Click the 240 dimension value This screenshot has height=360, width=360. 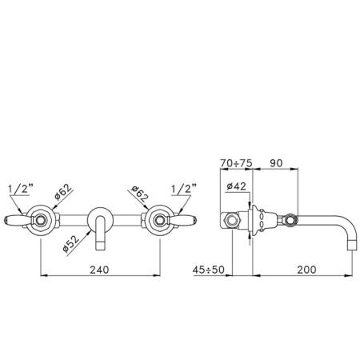(x=99, y=270)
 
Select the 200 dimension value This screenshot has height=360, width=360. (x=306, y=270)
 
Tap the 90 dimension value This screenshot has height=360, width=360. (x=276, y=163)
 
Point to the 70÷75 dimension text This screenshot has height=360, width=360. (x=236, y=163)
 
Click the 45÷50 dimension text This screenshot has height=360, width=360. (x=209, y=270)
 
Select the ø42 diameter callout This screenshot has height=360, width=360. (x=236, y=186)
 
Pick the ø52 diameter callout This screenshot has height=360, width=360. (x=71, y=244)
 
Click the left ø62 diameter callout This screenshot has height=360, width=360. (x=63, y=192)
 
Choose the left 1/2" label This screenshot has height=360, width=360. (x=21, y=189)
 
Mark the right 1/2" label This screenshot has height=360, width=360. (x=184, y=189)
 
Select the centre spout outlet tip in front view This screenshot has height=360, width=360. (x=100, y=246)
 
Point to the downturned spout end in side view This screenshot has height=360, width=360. (x=351, y=245)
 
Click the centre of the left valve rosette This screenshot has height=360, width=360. (x=41, y=220)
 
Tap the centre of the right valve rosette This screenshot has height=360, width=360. (x=159, y=220)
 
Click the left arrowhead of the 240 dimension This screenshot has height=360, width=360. (x=44, y=275)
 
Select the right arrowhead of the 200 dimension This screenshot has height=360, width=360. (x=348, y=275)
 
